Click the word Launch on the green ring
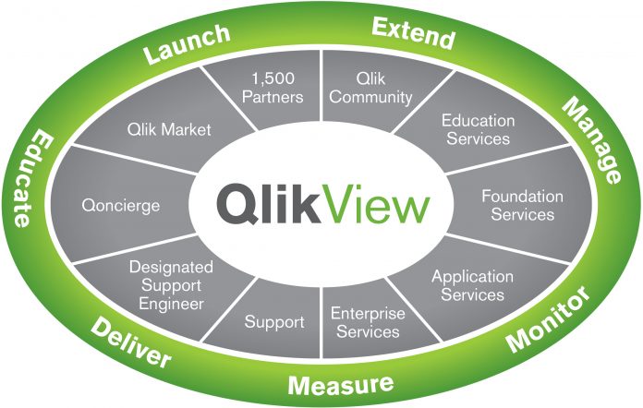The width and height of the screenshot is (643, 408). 187,45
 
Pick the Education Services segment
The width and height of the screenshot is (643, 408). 477,129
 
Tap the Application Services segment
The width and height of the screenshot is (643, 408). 472,285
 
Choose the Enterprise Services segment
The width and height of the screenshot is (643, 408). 368,322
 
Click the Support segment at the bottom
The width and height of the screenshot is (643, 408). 274,322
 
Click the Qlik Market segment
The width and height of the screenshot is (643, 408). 169,129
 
